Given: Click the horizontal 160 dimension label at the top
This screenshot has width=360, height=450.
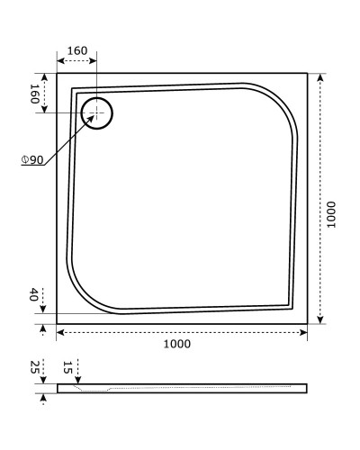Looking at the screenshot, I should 76,50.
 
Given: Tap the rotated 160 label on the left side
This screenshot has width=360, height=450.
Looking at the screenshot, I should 35,94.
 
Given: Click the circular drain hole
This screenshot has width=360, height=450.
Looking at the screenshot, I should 96,113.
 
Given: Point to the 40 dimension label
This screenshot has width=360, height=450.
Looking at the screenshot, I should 34,295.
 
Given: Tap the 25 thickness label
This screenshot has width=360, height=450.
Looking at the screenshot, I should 34,367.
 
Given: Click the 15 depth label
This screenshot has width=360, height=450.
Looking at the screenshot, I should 67,367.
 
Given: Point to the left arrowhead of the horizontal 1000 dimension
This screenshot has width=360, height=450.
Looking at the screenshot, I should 60,333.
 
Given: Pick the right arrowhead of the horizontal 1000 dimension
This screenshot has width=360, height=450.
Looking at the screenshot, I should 306,333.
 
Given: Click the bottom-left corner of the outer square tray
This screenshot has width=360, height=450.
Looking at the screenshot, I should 57,323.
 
